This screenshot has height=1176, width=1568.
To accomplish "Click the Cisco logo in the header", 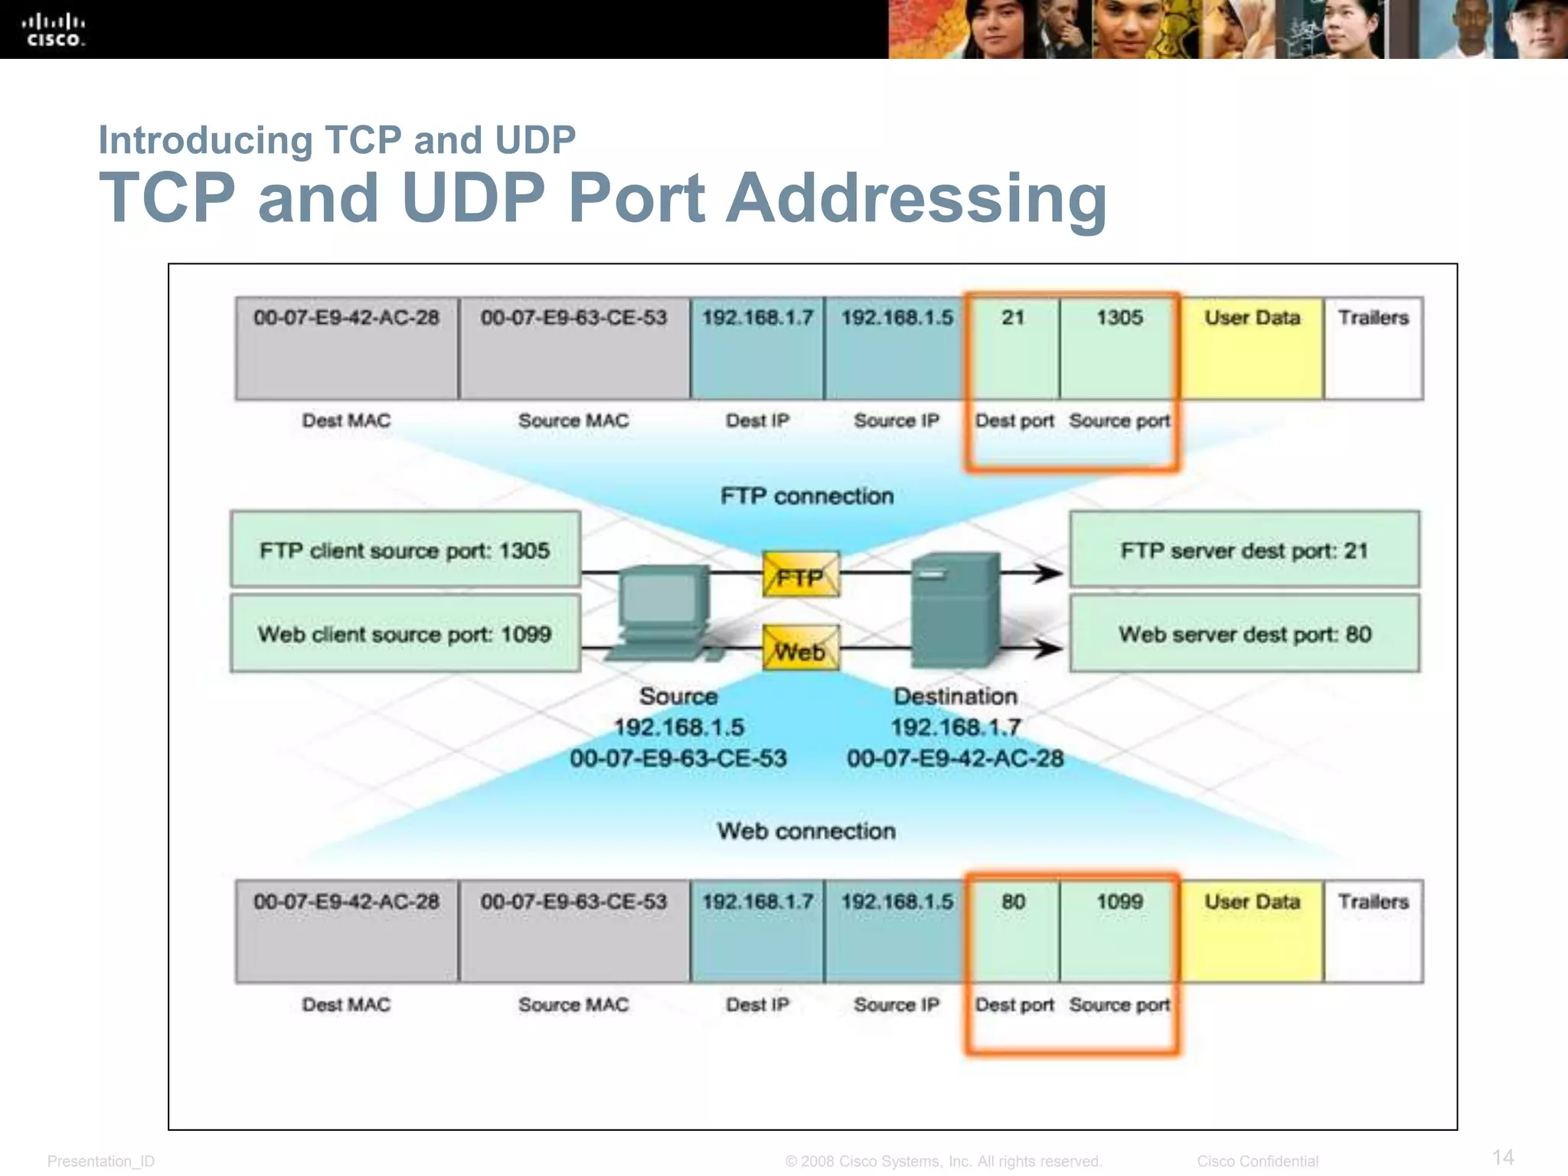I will click(x=53, y=30).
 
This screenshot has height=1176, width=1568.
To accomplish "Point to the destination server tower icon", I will click(x=955, y=610).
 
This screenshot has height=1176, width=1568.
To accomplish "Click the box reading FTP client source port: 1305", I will click(x=405, y=550).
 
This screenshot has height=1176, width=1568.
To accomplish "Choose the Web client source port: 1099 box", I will click(x=405, y=634).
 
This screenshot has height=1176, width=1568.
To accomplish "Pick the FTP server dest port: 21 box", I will click(x=1244, y=550).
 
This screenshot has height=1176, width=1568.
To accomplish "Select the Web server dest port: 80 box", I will click(x=1244, y=634).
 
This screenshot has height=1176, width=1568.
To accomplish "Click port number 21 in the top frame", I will click(x=1013, y=318).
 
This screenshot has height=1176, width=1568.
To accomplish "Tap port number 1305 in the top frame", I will click(x=1119, y=318).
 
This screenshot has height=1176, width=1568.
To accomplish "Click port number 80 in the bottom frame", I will click(x=1013, y=902).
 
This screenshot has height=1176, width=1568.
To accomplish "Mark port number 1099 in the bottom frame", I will click(x=1119, y=902).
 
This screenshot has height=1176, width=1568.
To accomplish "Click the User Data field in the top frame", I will click(x=1252, y=348).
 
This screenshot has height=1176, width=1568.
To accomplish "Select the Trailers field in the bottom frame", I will click(x=1374, y=931).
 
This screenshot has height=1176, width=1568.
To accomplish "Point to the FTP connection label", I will click(x=807, y=496).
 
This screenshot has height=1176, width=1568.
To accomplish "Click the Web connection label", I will click(x=806, y=831).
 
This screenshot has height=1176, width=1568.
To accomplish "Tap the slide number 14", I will click(x=1503, y=1157).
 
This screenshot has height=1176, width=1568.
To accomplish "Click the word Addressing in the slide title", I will click(x=916, y=198).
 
